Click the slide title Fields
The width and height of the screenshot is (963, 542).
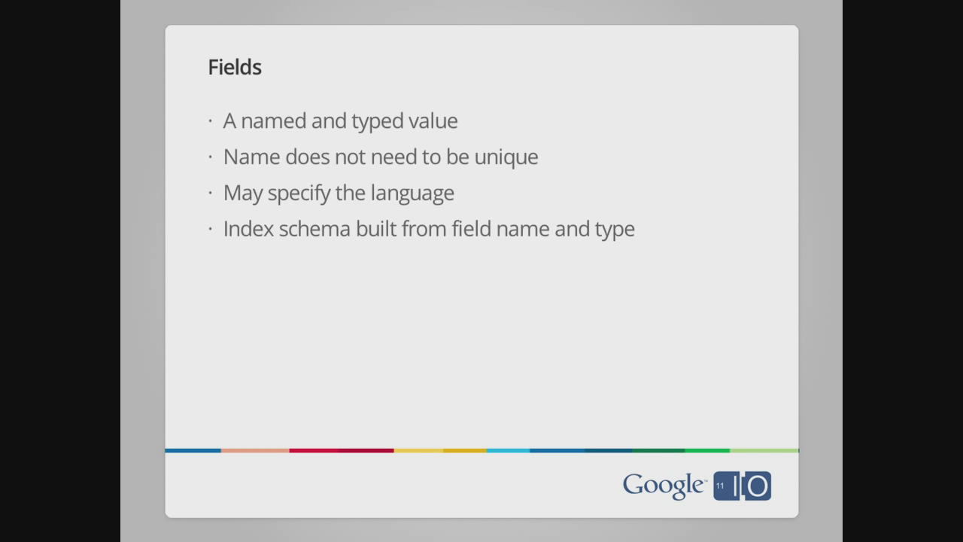235,67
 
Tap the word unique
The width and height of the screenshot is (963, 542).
506,157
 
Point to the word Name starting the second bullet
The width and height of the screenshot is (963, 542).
251,157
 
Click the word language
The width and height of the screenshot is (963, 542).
412,193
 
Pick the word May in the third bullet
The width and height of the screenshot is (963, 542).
243,193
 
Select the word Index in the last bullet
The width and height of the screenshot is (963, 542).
248,229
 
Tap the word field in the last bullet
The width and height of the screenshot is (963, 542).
471,229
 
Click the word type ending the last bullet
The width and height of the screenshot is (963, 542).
615,230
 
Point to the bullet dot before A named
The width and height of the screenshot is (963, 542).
210,121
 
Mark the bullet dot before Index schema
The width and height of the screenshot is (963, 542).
210,230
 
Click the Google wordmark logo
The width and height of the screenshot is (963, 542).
664,486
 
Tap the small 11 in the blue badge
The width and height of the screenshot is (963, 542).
720,486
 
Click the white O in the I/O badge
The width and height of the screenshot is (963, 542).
758,486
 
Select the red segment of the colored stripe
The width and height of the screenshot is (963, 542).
342,451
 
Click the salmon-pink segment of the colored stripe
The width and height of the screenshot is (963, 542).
255,451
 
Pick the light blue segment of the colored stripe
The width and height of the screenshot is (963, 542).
508,451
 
